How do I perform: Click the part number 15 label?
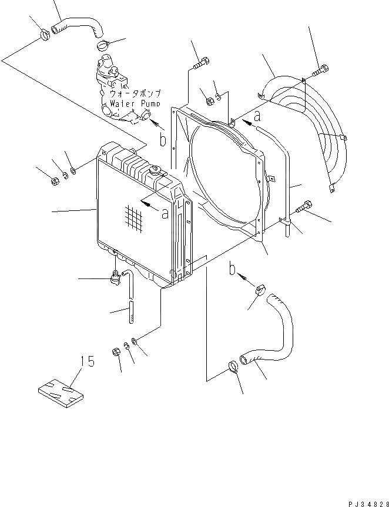tap(87, 362)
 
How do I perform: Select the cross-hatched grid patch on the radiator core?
tap(134, 219)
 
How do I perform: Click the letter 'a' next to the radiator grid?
tap(165, 213)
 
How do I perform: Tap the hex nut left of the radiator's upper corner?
tap(54, 180)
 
